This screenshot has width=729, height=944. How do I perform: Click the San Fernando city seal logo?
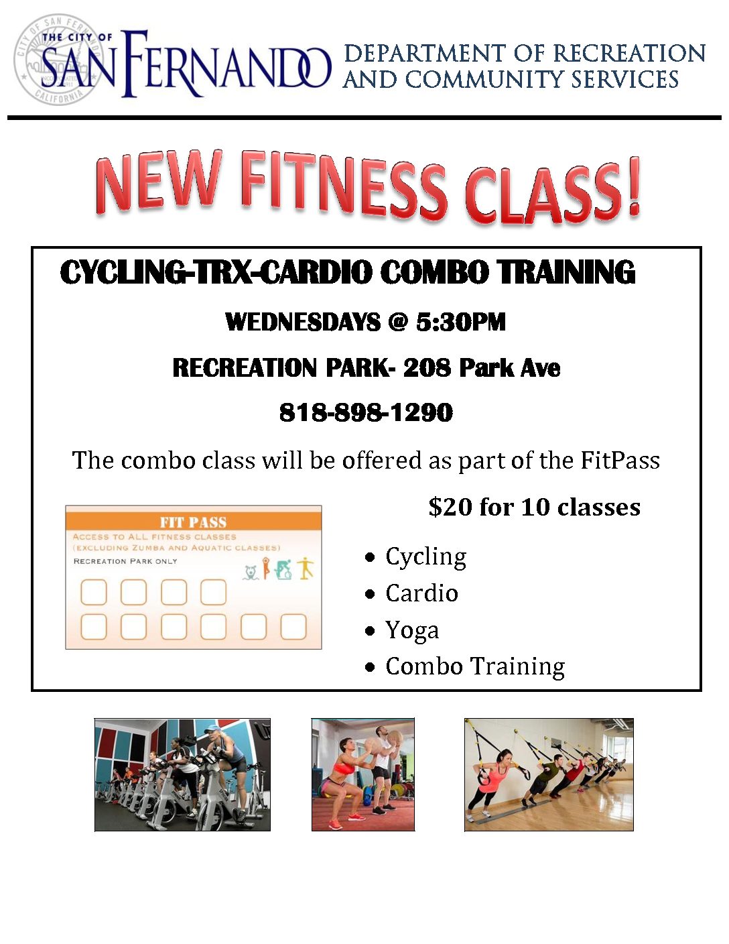[59, 59]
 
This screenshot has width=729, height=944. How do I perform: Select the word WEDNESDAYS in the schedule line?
[303, 322]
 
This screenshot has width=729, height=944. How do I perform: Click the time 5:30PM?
[460, 322]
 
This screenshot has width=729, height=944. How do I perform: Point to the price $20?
[450, 507]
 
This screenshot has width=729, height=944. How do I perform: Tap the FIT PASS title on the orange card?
[193, 522]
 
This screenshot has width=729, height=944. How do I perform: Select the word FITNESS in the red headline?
[344, 183]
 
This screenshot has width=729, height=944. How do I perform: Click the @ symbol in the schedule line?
[397, 322]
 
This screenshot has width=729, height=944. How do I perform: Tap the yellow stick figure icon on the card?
[306, 568]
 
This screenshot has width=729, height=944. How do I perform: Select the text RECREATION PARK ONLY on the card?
[125, 561]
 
